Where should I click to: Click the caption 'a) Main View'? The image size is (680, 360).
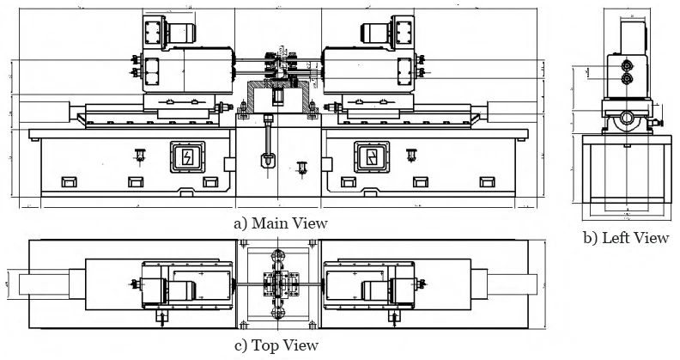point(280,223)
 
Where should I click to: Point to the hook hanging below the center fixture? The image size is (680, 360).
point(268,160)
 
